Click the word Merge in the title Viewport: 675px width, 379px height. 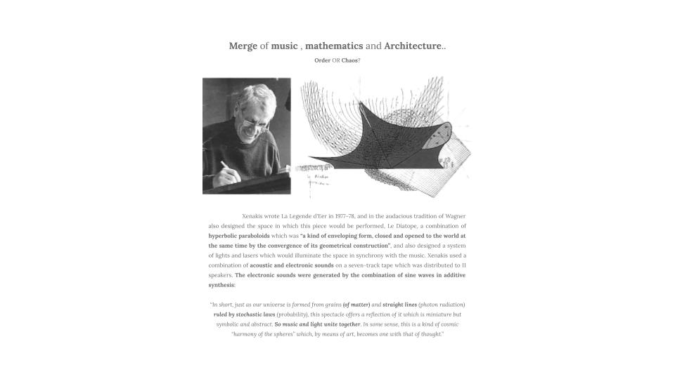[x=243, y=46]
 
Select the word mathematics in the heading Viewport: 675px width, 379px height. [x=334, y=46]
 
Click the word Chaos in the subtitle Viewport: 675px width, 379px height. [x=349, y=61]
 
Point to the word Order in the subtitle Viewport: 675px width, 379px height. [x=322, y=61]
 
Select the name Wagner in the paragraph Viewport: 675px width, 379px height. [x=454, y=216]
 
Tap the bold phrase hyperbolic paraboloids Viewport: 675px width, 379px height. [x=238, y=237]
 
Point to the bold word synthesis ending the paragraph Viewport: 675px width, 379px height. [x=221, y=286]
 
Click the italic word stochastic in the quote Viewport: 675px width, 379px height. [x=247, y=314]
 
